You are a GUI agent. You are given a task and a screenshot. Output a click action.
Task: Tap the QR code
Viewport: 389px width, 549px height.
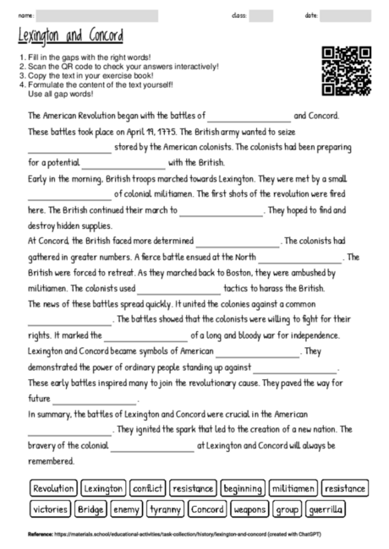point(347,68)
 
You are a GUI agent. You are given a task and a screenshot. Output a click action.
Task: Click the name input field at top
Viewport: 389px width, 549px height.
point(97,16)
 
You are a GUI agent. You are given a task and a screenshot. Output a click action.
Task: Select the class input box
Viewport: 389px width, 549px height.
point(260,16)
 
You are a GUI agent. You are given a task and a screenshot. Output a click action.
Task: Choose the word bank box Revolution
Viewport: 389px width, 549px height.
point(54,488)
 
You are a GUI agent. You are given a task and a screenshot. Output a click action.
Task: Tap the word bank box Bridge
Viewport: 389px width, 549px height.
point(90,509)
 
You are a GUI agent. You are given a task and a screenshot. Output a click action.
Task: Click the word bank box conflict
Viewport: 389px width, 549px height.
point(147,488)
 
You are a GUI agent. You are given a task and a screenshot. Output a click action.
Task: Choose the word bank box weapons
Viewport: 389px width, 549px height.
point(250,509)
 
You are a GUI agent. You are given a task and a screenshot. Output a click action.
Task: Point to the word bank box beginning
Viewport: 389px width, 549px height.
point(244,488)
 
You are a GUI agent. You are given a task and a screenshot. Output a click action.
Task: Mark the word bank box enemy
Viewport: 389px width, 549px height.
point(126,509)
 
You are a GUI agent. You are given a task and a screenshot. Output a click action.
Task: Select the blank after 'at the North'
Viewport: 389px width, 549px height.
point(299,258)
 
